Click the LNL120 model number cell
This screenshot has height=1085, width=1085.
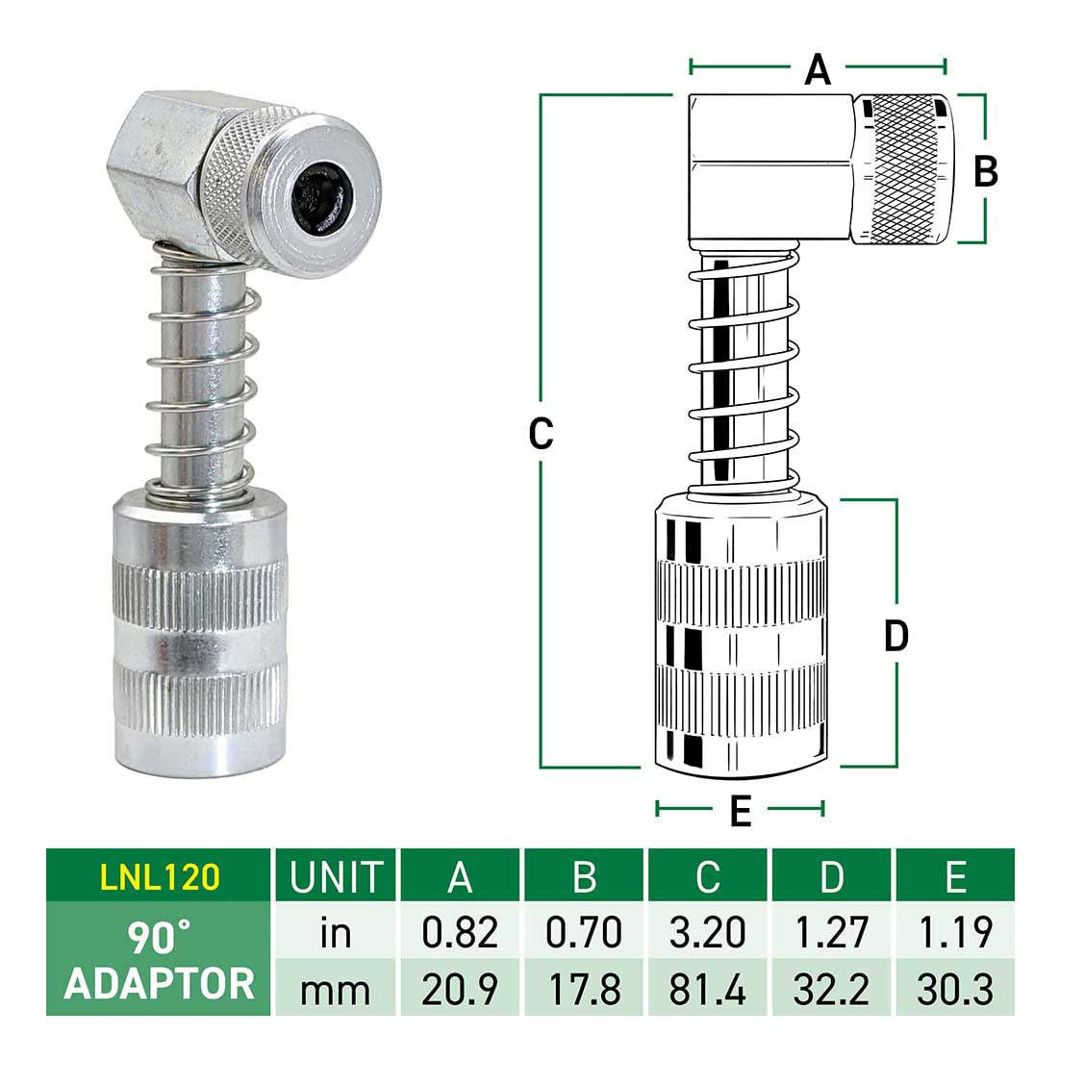pos(160,876)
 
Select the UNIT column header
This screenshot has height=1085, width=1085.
pos(336,876)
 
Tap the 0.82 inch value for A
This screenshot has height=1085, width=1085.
pos(460,932)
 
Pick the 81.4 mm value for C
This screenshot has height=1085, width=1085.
pos(707,989)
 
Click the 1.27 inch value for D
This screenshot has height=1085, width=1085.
pos(831,932)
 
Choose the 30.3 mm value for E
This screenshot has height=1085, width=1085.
pos(954,989)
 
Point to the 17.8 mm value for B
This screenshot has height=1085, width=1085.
pos(584,989)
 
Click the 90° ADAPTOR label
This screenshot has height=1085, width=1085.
pos(160,960)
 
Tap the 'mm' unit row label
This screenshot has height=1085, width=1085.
pos(336,989)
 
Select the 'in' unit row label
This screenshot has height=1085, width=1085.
pos(336,932)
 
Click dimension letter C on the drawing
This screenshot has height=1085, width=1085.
pos(542,434)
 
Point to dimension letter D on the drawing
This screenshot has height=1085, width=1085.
pos(896,636)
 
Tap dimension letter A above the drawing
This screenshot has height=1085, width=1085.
pos(817,69)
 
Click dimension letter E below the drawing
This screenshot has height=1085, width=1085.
pos(740,811)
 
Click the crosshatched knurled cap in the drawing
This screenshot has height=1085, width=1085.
pos(902,170)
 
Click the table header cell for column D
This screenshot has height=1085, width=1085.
pos(831,876)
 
